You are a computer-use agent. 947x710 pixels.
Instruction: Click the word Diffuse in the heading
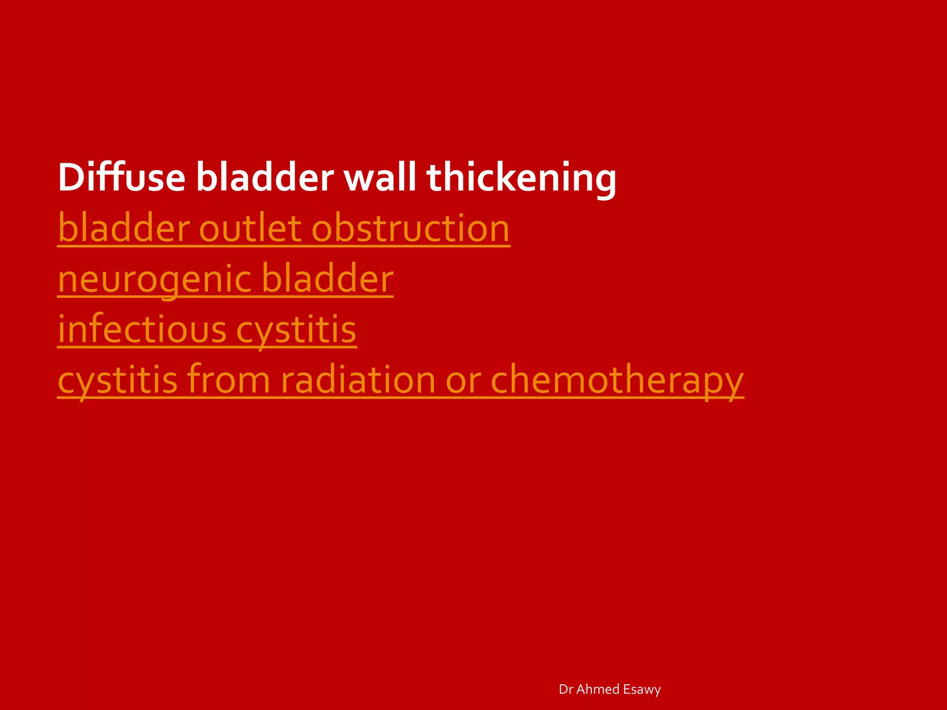point(122,177)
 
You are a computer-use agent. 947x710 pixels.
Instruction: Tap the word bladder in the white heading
point(264,177)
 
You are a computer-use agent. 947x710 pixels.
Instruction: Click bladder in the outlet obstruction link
point(124,228)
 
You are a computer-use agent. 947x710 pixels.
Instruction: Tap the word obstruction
point(411,228)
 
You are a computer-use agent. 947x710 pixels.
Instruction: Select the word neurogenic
point(155,280)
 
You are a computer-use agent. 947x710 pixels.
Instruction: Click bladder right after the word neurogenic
point(327,279)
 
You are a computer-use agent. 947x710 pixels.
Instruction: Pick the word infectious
point(142,330)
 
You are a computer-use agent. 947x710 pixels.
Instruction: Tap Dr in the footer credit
point(566,689)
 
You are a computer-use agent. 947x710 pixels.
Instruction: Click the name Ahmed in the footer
point(597,689)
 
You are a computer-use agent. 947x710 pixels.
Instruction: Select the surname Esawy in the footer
point(642,689)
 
